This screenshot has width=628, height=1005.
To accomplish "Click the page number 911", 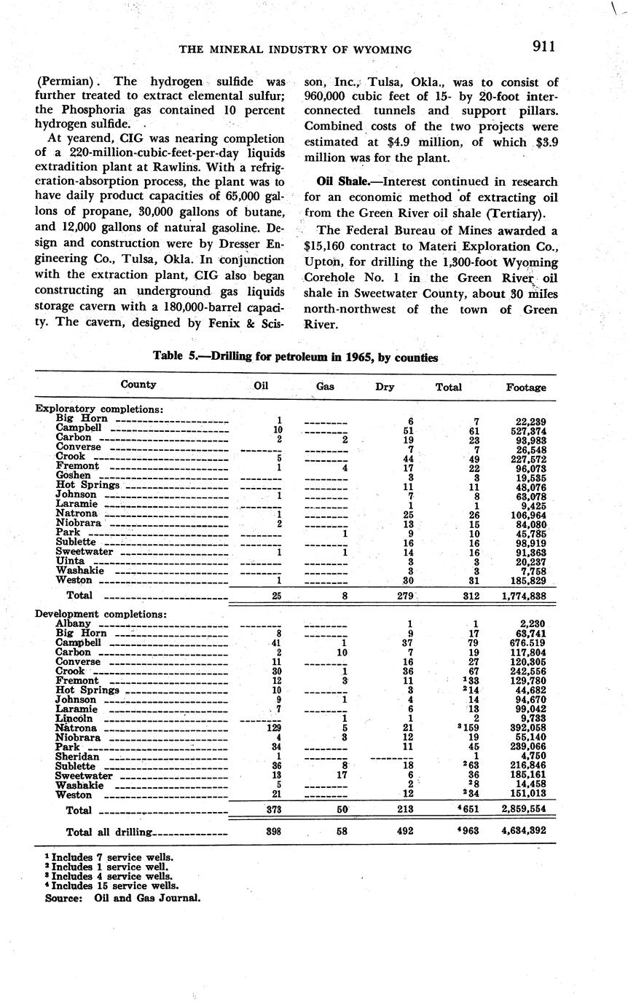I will (543, 47).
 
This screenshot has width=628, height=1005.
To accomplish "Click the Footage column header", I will (526, 387).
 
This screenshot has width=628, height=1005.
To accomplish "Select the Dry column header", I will (385, 387).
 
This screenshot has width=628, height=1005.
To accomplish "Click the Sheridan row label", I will (78, 757).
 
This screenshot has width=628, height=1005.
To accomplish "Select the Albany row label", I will (73, 623).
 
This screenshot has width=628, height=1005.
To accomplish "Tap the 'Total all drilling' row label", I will (110, 832).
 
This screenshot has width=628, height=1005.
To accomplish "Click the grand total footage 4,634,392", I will (522, 830).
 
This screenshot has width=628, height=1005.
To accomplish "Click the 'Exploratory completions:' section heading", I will (99, 409).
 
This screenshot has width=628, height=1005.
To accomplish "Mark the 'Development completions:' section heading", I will (101, 614).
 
